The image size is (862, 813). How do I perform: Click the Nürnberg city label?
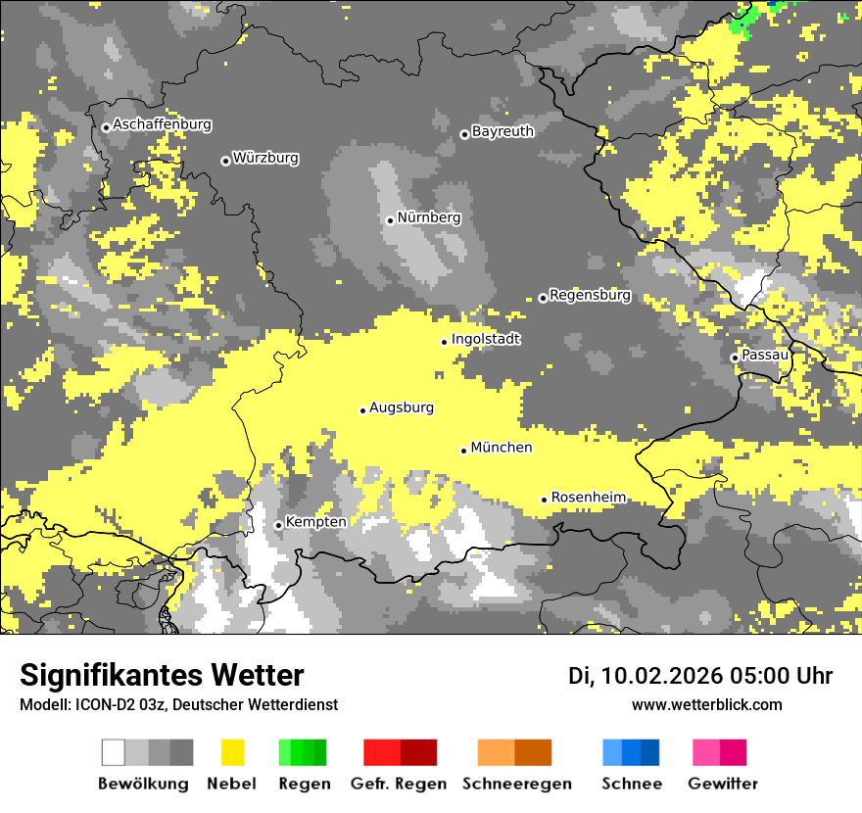[428, 217]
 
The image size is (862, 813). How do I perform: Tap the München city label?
[502, 448]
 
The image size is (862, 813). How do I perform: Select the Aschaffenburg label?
[162, 124]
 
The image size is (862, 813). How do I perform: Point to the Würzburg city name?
[265, 158]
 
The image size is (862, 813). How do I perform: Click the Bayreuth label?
[503, 131]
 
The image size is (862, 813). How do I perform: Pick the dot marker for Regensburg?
[543, 298]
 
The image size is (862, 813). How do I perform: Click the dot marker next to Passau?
[735, 358]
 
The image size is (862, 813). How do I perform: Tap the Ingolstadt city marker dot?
[444, 342]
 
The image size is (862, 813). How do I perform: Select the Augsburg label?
[402, 407]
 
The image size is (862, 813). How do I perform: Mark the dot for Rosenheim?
[544, 500]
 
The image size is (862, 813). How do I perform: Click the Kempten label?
[315, 522]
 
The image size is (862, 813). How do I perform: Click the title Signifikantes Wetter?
[162, 676]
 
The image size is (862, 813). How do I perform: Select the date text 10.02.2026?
[661, 676]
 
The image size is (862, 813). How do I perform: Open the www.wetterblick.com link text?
[706, 705]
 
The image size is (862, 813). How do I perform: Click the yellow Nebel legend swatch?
[233, 752]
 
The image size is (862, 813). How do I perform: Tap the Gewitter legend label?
[723, 784]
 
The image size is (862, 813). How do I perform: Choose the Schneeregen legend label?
[516, 784]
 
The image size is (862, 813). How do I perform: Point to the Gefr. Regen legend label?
[399, 784]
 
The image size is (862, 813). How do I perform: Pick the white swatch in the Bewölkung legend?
[114, 752]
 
